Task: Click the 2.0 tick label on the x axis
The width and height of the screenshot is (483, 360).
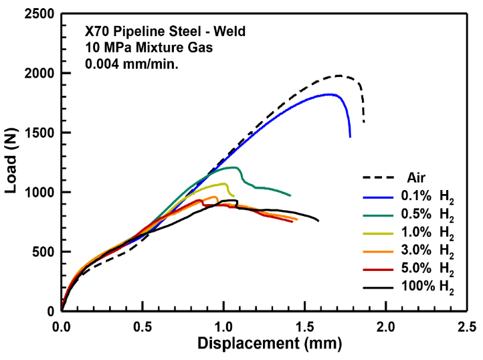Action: [386, 327]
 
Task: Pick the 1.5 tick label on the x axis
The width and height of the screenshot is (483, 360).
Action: [305, 327]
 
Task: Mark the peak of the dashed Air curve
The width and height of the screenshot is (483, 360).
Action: [340, 76]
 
